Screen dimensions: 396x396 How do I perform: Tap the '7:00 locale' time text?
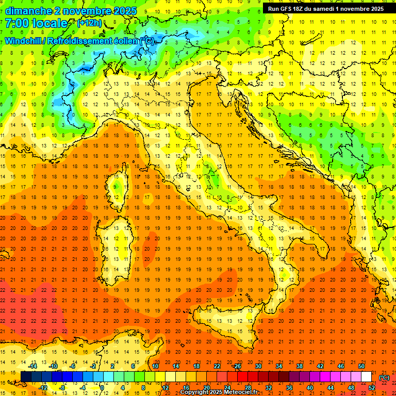pyautogui.click(x=36, y=24)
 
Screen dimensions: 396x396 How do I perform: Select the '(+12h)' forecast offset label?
pyautogui.click(x=89, y=23)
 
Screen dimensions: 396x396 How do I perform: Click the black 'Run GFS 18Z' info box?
pyautogui.click(x=325, y=9)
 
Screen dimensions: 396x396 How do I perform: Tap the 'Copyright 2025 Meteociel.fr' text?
pyautogui.click(x=219, y=392)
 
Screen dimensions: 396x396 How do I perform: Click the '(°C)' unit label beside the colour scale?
pyautogui.click(x=384, y=377)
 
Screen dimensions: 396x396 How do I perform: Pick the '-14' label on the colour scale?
pyautogui.click(x=34, y=366)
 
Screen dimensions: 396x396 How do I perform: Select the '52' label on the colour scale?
pyautogui.click(x=372, y=387)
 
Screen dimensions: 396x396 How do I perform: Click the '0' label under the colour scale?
pyautogui.click(x=102, y=387)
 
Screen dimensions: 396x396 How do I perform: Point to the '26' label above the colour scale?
pyautogui.click(x=237, y=366)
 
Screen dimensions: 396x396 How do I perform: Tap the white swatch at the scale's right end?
pyautogui.click(x=366, y=376)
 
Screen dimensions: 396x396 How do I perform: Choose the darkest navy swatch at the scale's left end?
pyautogui.click(x=26, y=376)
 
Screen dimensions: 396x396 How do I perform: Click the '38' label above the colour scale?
pyautogui.click(x=300, y=366)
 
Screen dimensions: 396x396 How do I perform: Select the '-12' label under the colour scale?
pyautogui.click(x=44, y=387)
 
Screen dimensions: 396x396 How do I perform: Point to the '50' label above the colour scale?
pyautogui.click(x=361, y=366)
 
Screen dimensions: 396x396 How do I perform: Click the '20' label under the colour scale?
pyautogui.click(x=206, y=387)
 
